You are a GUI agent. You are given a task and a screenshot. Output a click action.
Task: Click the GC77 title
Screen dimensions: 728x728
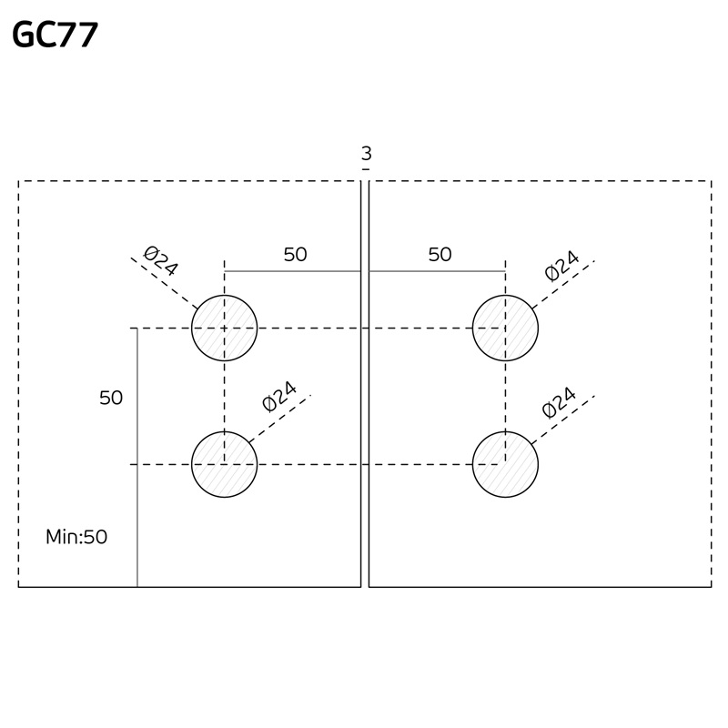click(x=55, y=35)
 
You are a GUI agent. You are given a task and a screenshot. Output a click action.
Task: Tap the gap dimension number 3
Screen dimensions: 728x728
click(x=366, y=154)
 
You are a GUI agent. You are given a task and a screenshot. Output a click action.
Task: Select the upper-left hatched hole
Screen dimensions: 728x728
click(x=224, y=328)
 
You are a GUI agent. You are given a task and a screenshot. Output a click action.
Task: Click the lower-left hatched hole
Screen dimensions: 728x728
click(x=224, y=464)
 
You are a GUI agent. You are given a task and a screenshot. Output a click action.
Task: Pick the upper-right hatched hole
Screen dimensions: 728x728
click(x=505, y=328)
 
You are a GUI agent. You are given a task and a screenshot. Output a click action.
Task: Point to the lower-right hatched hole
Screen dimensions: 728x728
click(x=505, y=464)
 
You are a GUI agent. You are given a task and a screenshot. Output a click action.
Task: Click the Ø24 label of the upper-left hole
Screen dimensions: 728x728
click(x=161, y=261)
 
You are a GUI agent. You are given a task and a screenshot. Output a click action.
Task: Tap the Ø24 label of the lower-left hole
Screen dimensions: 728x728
click(x=279, y=397)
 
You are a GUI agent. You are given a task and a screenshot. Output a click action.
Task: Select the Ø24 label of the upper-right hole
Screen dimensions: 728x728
click(x=561, y=265)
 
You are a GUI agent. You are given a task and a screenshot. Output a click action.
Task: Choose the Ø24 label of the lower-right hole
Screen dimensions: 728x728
click(x=560, y=402)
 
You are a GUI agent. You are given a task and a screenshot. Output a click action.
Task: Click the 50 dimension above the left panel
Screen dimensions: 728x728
click(x=295, y=255)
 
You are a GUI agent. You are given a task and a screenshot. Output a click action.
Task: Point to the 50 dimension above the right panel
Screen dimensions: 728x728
click(x=440, y=255)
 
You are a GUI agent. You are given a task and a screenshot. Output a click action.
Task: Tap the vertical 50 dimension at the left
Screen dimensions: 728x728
click(x=111, y=398)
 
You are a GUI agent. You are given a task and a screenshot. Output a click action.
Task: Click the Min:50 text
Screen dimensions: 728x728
click(x=76, y=537)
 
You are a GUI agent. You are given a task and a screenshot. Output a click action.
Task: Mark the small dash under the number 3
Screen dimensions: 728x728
click(x=366, y=169)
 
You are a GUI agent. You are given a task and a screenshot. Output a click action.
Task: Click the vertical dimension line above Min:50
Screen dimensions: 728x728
click(x=136, y=455)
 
